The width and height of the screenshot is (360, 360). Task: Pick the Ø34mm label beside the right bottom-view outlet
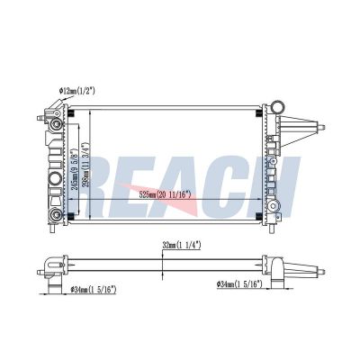tap(238, 284)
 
